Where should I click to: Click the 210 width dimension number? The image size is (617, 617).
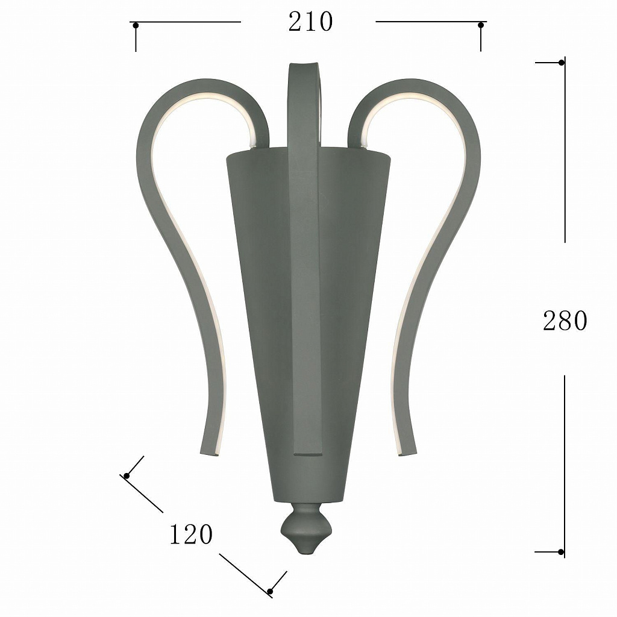pyautogui.click(x=310, y=22)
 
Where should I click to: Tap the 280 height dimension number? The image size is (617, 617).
pyautogui.click(x=565, y=321)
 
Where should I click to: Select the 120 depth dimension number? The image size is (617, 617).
pyautogui.click(x=191, y=534)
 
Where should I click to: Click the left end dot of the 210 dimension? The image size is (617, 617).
pyautogui.click(x=136, y=25)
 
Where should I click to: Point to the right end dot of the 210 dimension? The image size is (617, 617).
pyautogui.click(x=480, y=25)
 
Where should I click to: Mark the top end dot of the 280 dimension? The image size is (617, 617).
pyautogui.click(x=562, y=63)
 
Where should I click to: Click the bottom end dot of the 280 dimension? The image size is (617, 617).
pyautogui.click(x=561, y=552)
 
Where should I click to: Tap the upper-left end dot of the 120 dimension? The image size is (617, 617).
pyautogui.click(x=127, y=476)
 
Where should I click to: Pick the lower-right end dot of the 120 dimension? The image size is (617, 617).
pyautogui.click(x=270, y=592)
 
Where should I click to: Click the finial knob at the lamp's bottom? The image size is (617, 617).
pyautogui.click(x=306, y=528)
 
